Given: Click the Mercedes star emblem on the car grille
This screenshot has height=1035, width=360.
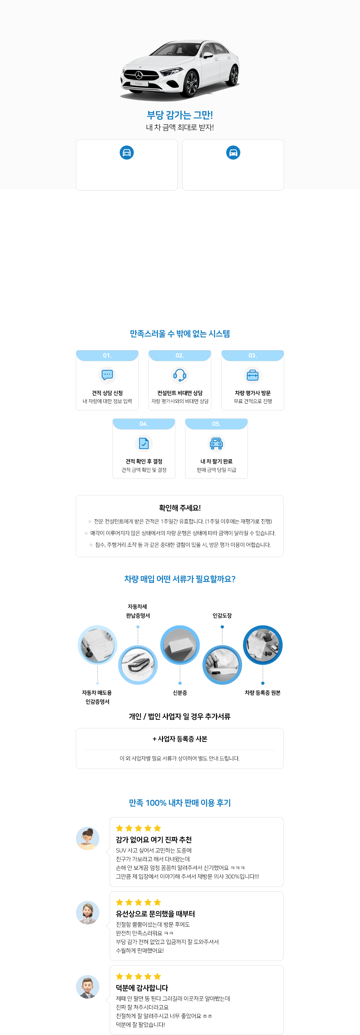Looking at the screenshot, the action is (x=139, y=75).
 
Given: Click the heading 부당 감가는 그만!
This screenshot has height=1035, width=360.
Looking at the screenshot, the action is (x=180, y=115).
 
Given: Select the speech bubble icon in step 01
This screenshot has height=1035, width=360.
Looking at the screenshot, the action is (x=107, y=375).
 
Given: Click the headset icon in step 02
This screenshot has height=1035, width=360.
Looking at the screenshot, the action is (x=180, y=375).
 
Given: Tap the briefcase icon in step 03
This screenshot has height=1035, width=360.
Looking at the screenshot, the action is (x=252, y=375).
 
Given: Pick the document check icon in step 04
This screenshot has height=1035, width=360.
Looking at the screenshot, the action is (x=144, y=443).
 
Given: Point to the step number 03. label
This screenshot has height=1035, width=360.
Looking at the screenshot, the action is (x=252, y=355).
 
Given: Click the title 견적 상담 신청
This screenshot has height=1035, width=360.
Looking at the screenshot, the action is (x=107, y=393).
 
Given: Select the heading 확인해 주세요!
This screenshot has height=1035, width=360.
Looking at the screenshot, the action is (x=180, y=508).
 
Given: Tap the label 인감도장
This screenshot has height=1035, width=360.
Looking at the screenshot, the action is (x=222, y=616).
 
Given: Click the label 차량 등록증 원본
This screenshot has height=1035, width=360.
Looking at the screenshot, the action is (x=263, y=693).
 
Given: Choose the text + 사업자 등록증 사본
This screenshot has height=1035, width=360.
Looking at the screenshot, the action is (x=180, y=739).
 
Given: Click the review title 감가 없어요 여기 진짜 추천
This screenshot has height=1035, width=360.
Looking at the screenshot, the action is (x=154, y=840).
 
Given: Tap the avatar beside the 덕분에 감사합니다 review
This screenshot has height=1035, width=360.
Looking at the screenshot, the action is (x=88, y=987).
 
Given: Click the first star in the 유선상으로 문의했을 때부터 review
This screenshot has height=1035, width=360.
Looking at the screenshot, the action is (x=120, y=902).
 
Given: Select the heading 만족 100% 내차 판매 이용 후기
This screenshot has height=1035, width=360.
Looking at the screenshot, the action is (x=180, y=803).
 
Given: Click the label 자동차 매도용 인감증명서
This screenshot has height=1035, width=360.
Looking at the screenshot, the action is (x=97, y=697).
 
